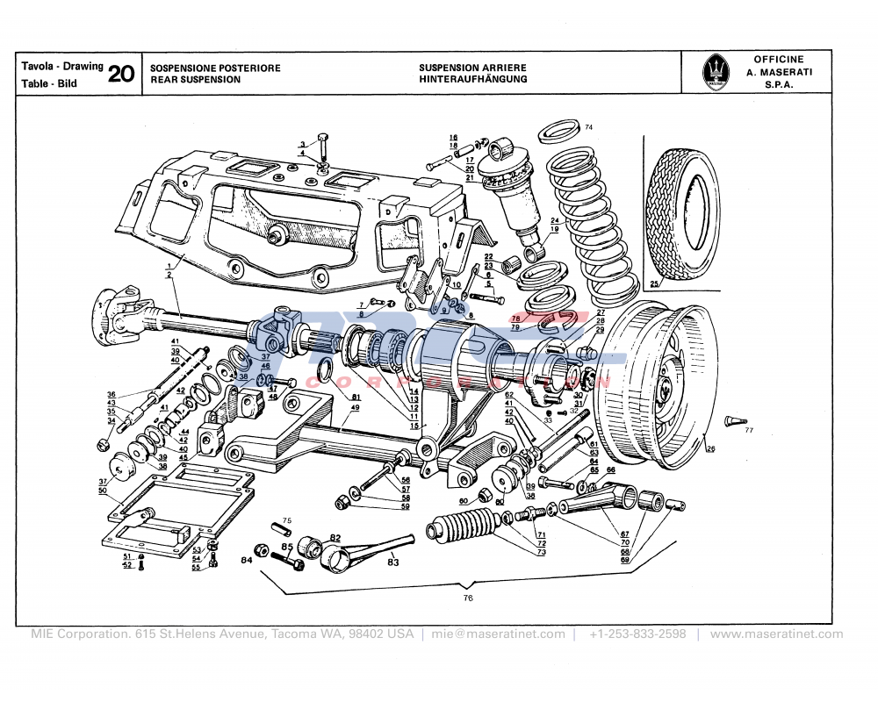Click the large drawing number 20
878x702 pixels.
pyautogui.click(x=121, y=74)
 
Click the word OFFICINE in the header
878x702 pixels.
pyautogui.click(x=778, y=60)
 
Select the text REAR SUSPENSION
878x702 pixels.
pyautogui.click(x=195, y=80)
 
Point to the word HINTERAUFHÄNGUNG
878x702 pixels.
pyautogui.click(x=472, y=79)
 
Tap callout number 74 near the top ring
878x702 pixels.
pyautogui.click(x=588, y=128)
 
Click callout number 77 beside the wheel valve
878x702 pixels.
pyautogui.click(x=749, y=430)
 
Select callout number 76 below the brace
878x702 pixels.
pyautogui.click(x=468, y=598)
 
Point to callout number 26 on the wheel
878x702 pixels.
pyautogui.click(x=710, y=449)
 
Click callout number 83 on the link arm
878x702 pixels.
pyautogui.click(x=392, y=562)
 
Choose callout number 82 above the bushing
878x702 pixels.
pyautogui.click(x=335, y=537)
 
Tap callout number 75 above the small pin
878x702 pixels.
pyautogui.click(x=286, y=520)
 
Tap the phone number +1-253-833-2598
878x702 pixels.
pyautogui.click(x=637, y=634)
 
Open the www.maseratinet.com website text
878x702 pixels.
pyautogui.click(x=776, y=634)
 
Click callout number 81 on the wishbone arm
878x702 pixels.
pyautogui.click(x=356, y=398)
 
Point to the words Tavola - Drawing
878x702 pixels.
pyautogui.click(x=61, y=67)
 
